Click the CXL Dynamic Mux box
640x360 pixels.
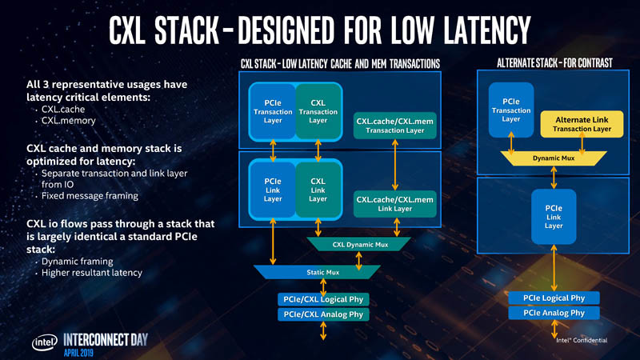pyautogui.click(x=358, y=244)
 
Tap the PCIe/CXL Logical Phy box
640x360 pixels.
pyautogui.click(x=323, y=299)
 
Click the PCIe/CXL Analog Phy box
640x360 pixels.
pyautogui.click(x=323, y=314)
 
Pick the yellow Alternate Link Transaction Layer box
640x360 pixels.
pyautogui.click(x=582, y=124)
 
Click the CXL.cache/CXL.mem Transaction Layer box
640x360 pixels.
pyautogui.click(x=394, y=125)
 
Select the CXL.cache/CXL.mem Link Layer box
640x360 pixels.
pyautogui.click(x=394, y=203)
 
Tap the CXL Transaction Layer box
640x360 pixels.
pyautogui.click(x=318, y=111)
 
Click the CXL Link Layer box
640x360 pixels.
pyautogui.click(x=318, y=190)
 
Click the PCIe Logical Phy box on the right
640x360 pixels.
pyautogui.click(x=554, y=298)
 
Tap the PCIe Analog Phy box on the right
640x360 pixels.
pyautogui.click(x=554, y=313)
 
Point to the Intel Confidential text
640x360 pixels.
pyautogui.click(x=581, y=340)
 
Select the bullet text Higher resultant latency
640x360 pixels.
pyautogui.click(x=91, y=273)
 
